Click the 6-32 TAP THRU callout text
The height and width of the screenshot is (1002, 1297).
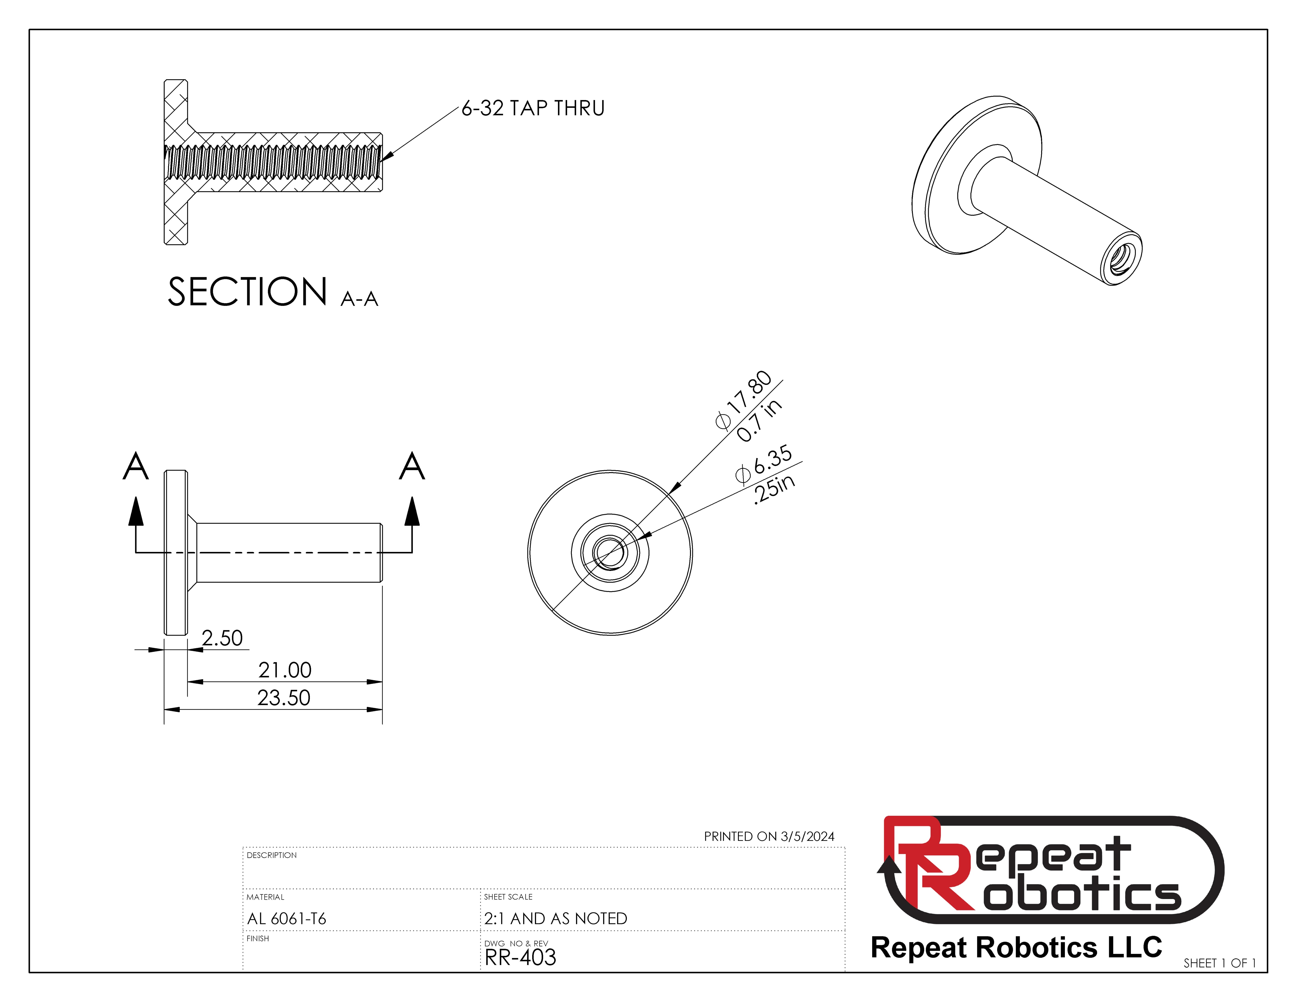point(533,108)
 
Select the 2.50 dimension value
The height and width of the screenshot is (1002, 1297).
point(222,638)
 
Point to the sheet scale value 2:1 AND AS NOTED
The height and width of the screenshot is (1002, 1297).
point(555,918)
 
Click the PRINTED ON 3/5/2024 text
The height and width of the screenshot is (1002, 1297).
point(769,836)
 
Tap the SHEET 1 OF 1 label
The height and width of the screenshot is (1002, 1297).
point(1219,963)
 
